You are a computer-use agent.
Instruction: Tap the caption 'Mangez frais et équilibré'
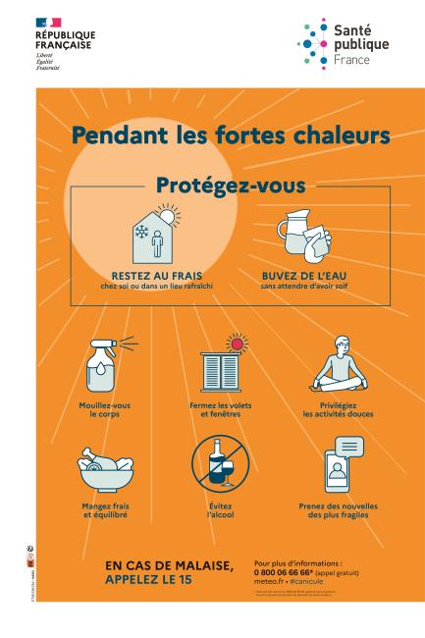(104, 510)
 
